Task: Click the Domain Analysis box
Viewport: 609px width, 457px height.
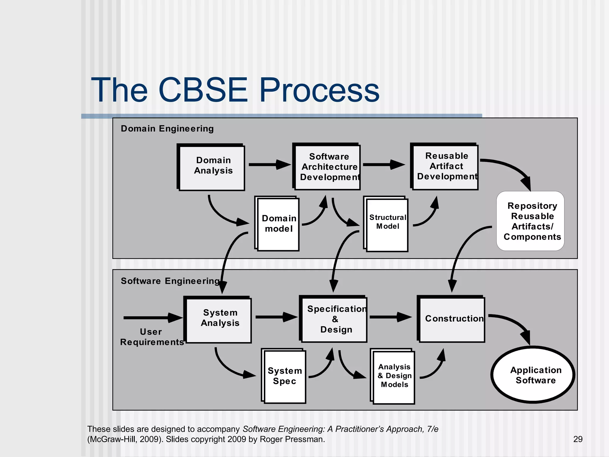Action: [212, 167]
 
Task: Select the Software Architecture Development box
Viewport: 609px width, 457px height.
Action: [327, 167]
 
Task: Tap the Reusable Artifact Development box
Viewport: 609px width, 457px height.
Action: [445, 167]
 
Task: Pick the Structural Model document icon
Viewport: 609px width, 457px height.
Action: [387, 225]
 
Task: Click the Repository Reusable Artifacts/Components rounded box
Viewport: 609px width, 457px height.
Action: [530, 221]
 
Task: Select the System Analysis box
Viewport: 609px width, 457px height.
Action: [219, 320]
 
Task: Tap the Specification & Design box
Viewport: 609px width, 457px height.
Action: [334, 319]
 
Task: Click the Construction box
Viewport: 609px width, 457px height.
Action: [452, 319]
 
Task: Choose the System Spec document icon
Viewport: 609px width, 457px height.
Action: [284, 376]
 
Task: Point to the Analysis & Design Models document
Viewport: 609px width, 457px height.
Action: [393, 377]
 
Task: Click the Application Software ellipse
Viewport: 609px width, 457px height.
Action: [533, 375]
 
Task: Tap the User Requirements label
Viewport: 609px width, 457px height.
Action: [151, 337]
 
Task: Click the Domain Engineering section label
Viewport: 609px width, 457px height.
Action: [167, 129]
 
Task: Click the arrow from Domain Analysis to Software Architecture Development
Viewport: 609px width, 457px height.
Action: [269, 165]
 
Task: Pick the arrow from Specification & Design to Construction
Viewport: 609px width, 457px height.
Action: [390, 317]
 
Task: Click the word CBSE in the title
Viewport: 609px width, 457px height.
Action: [203, 90]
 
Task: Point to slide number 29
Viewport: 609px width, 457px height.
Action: [578, 439]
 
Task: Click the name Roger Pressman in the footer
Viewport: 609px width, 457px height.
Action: [292, 439]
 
